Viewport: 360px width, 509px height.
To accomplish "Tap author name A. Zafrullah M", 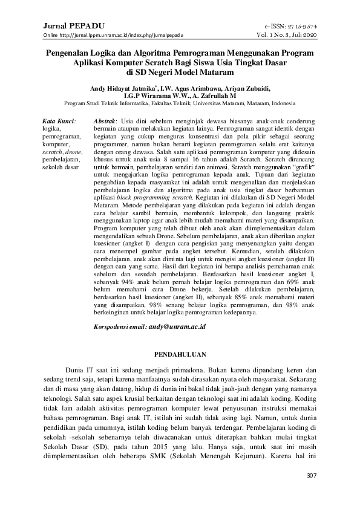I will point(211,96).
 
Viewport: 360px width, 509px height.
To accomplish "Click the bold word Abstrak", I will point(106,121).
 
